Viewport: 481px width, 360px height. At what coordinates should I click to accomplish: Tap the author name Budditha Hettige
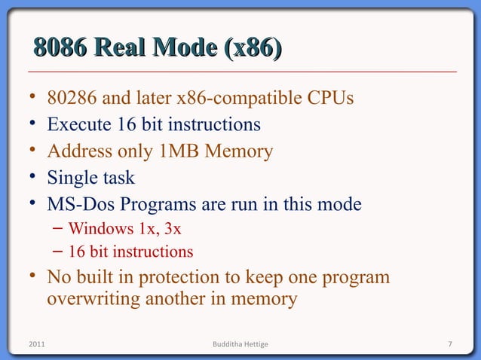tap(240, 344)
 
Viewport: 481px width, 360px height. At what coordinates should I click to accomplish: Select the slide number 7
tap(449, 344)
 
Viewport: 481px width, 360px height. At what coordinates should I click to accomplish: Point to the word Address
tap(76, 151)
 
